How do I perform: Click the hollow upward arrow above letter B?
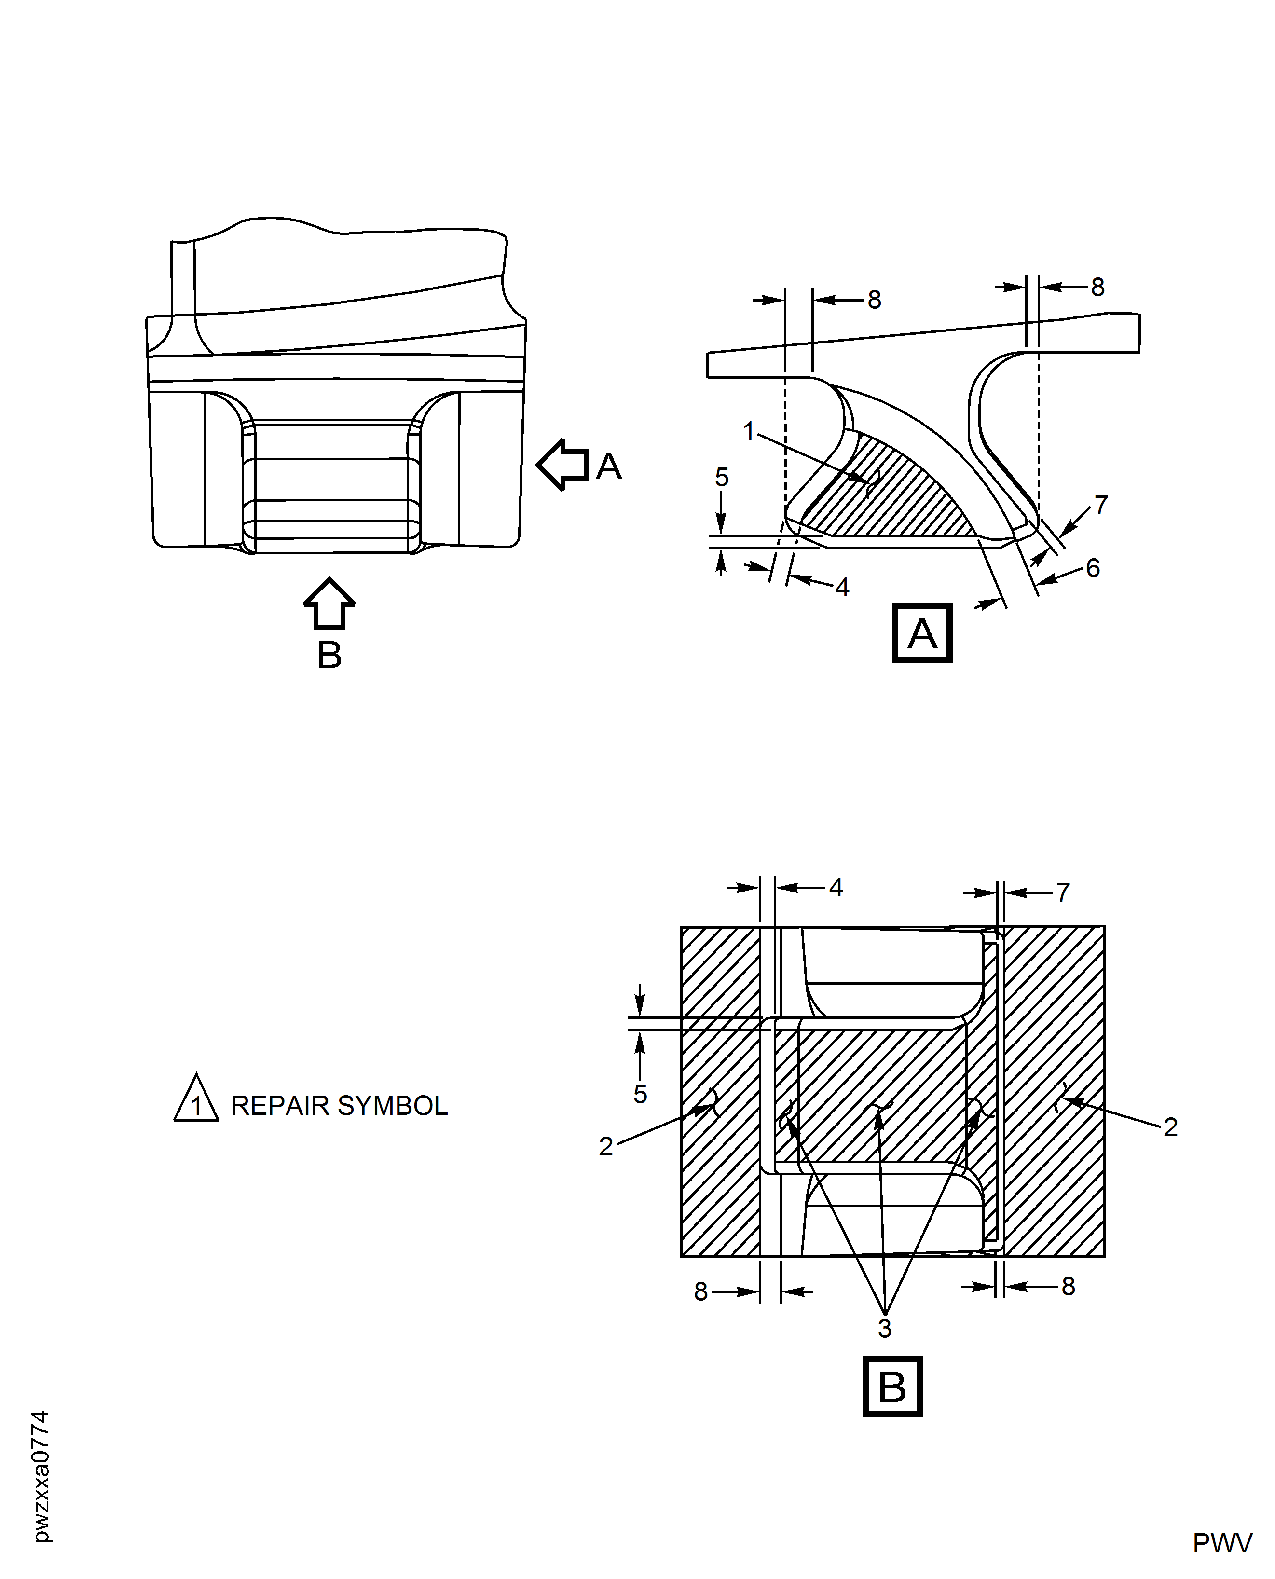point(329,603)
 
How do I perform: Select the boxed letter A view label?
point(922,633)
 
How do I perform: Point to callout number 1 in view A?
point(748,431)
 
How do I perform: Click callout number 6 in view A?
point(1093,568)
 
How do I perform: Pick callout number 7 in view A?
point(1100,505)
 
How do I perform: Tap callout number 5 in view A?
point(722,478)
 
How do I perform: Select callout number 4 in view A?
point(842,587)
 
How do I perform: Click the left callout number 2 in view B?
point(606,1146)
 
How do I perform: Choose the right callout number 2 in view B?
point(1171,1126)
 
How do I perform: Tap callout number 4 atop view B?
point(836,887)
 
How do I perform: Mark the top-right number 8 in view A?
point(1097,287)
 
